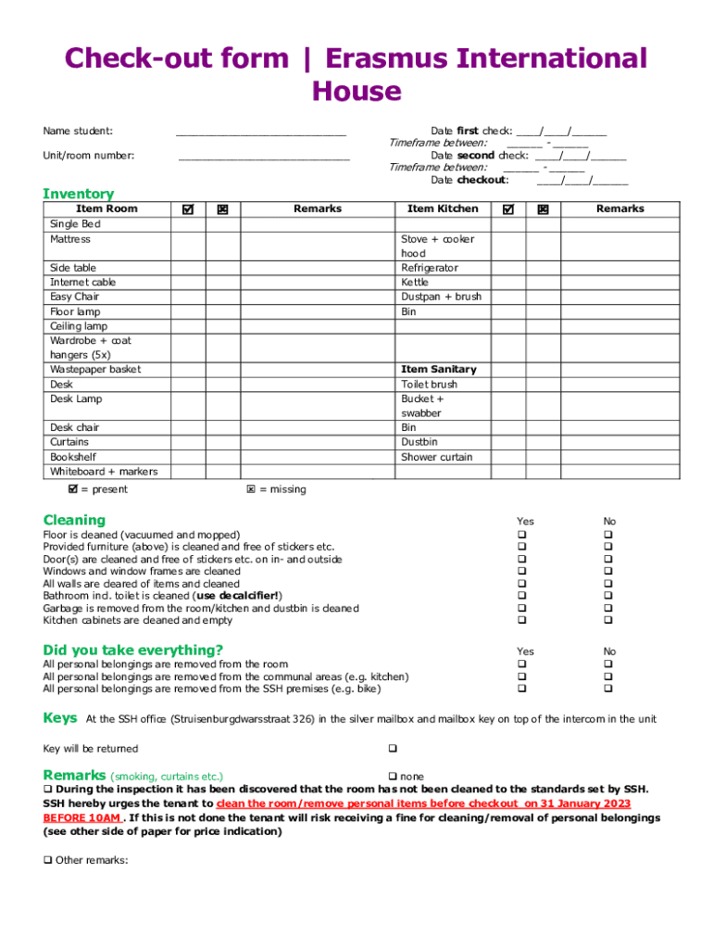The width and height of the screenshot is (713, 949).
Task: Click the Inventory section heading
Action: [79, 194]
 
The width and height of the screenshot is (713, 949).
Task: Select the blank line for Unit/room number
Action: [264, 158]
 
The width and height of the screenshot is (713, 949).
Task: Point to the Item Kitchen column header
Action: [443, 209]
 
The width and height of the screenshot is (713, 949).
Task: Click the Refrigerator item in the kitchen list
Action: [430, 268]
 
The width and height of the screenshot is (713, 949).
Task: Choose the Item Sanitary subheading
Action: [439, 369]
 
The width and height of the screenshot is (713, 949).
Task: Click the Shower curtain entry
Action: [436, 457]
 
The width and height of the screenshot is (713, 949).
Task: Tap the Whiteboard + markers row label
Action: [104, 472]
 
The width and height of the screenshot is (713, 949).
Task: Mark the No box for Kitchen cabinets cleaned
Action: [609, 620]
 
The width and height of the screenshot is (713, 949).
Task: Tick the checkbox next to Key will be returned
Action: [393, 748]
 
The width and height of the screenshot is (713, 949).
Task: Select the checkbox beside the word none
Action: [393, 776]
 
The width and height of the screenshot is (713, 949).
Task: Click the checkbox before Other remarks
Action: [48, 859]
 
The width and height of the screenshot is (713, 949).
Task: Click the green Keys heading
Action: [60, 718]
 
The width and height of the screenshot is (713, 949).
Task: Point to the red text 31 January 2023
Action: [582, 803]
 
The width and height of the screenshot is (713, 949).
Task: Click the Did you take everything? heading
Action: [132, 650]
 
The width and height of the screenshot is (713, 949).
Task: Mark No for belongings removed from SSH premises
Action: [609, 689]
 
